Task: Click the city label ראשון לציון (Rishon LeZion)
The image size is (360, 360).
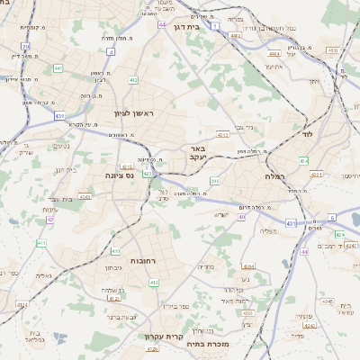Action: click(x=134, y=113)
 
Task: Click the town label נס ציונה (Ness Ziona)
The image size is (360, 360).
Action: click(x=120, y=175)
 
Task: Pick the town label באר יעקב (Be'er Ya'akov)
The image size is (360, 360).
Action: click(x=198, y=152)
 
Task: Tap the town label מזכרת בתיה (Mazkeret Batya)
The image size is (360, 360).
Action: click(x=209, y=343)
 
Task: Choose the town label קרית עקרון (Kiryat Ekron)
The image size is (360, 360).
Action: click(x=164, y=337)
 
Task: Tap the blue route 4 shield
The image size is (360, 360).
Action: click(x=111, y=51)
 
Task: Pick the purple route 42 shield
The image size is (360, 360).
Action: click(x=50, y=220)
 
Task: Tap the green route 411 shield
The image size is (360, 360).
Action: click(x=41, y=243)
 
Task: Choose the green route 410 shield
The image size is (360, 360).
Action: click(x=115, y=251)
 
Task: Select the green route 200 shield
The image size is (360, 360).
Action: click(x=214, y=182)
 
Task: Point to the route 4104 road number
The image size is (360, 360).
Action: click(x=249, y=266)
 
